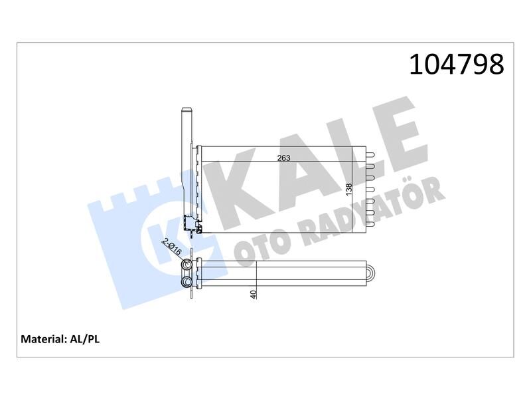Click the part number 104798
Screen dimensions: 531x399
(457, 65)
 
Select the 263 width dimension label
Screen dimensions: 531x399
(284, 158)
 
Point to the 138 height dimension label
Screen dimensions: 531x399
(349, 189)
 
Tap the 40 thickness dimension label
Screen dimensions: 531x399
(254, 294)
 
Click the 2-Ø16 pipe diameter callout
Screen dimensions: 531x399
(173, 247)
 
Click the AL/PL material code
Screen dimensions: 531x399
(85, 339)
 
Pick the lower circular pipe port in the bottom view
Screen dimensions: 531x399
(187, 281)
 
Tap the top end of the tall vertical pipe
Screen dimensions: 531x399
(187, 109)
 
